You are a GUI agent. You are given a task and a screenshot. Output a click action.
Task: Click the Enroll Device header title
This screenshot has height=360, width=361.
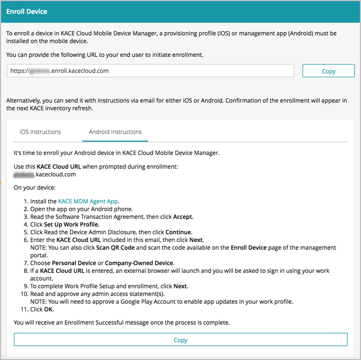[26, 11]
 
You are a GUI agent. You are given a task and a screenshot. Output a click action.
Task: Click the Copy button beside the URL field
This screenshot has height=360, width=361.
[328, 71]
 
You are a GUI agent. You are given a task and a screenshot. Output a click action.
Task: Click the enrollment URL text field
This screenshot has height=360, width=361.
[150, 71]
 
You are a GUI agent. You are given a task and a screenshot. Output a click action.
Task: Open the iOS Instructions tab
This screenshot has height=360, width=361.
[40, 132]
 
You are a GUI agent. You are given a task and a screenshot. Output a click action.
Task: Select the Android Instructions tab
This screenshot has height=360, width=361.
[115, 132]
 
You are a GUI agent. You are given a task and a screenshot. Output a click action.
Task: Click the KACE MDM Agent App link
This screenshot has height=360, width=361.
[88, 201]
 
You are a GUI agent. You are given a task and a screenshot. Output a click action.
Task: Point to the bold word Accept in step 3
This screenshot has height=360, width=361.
[183, 217]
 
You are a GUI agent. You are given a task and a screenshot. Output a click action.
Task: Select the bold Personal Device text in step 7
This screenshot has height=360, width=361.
[74, 263]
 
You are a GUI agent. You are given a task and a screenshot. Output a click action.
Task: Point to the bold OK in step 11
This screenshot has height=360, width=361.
[49, 309]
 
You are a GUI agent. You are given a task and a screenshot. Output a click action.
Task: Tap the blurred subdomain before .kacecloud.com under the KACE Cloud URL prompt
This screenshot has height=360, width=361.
[24, 174]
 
